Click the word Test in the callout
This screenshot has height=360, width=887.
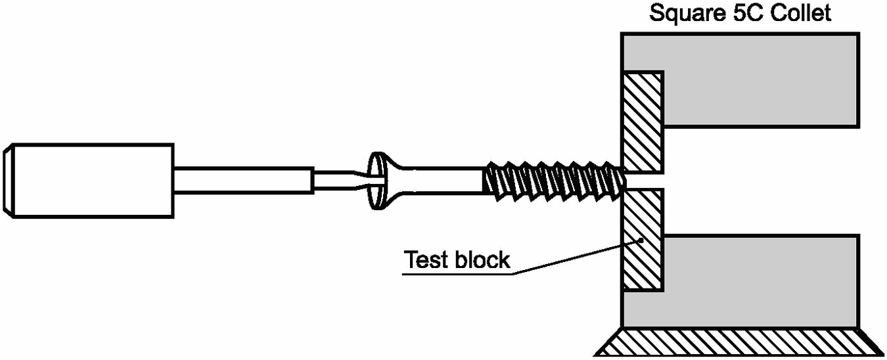tap(426, 259)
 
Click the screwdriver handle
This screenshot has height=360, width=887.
tap(89, 181)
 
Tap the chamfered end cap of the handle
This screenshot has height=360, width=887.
tap(8, 181)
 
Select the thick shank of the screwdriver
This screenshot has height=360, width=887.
tap(244, 181)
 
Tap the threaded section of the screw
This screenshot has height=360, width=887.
tap(555, 181)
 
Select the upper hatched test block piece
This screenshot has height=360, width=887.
tap(643, 122)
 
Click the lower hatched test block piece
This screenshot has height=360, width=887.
tap(643, 240)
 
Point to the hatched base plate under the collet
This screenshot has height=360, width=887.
tap(740, 342)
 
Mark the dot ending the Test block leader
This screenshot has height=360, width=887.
tap(641, 240)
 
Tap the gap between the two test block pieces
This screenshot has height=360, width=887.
tap(643, 181)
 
